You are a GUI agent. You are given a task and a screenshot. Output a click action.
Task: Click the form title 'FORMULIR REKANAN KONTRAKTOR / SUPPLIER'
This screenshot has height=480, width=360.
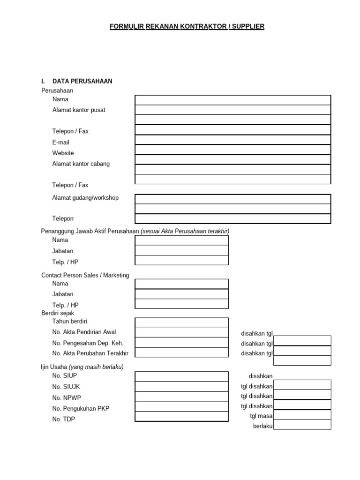[x=187, y=27]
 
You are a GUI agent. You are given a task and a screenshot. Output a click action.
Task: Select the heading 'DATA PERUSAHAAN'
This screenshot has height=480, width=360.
[x=82, y=81]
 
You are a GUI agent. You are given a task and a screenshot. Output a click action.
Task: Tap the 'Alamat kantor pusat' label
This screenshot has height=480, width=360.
[x=79, y=110]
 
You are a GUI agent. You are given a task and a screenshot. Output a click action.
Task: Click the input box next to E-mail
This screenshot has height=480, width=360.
[x=232, y=140]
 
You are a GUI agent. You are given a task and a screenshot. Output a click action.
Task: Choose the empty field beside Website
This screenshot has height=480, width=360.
[x=232, y=150]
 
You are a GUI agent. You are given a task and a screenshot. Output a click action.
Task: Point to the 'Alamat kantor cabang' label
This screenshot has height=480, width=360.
[x=81, y=164]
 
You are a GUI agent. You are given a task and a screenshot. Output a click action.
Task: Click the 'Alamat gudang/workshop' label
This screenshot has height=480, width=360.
[x=85, y=198]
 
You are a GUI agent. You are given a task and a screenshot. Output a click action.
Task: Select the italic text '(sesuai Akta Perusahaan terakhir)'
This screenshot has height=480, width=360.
[x=185, y=231]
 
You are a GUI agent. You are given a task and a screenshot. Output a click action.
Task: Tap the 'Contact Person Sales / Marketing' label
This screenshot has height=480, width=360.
[x=85, y=275]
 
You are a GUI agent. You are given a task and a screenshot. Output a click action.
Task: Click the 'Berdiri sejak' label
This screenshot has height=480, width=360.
[x=58, y=313]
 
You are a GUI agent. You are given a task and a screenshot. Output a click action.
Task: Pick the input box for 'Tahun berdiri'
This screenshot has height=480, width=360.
[x=181, y=322]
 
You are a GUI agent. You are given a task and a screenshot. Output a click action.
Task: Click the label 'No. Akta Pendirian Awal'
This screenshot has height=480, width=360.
[x=84, y=332]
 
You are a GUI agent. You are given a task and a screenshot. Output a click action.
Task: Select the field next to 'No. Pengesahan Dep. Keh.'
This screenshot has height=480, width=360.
[x=181, y=343]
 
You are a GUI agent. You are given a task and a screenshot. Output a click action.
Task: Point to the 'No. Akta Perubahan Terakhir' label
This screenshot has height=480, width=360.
[x=90, y=353]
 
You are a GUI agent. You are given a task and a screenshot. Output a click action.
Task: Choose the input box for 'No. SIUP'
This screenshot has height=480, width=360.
[x=181, y=376]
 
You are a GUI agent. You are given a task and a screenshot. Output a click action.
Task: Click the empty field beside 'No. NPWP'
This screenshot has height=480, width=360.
[x=181, y=397]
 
